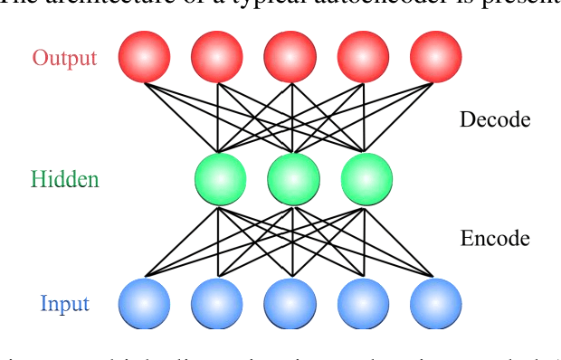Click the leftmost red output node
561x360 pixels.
tap(144, 56)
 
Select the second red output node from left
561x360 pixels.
tap(217, 56)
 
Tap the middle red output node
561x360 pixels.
tap(290, 56)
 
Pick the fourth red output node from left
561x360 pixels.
tap(363, 56)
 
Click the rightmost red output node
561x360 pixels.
tap(435, 56)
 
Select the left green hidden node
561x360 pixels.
tap(220, 178)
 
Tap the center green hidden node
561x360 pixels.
tap(292, 178)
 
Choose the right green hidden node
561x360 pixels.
tap(366, 178)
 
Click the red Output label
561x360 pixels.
tap(64, 58)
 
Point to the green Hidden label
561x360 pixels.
tap(64, 179)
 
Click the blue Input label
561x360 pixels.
tap(64, 303)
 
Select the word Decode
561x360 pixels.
tap(494, 119)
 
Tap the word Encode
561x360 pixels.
tap(495, 239)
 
